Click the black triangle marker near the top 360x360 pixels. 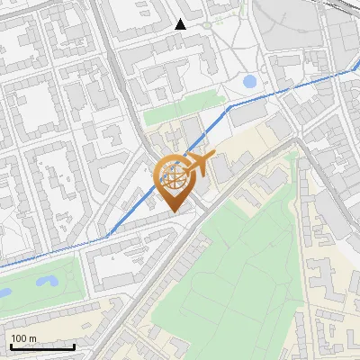tap(181, 24)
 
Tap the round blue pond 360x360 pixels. tap(249, 82)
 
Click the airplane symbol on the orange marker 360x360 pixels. tap(199, 163)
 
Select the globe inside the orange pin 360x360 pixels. tap(174, 176)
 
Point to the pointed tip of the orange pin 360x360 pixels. tap(174, 212)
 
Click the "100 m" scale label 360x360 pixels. tap(23, 338)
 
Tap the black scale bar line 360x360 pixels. tap(42, 346)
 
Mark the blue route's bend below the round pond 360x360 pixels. tap(229, 105)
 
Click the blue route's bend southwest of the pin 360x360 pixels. tap(108, 237)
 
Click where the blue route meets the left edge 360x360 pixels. tap(2, 267)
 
